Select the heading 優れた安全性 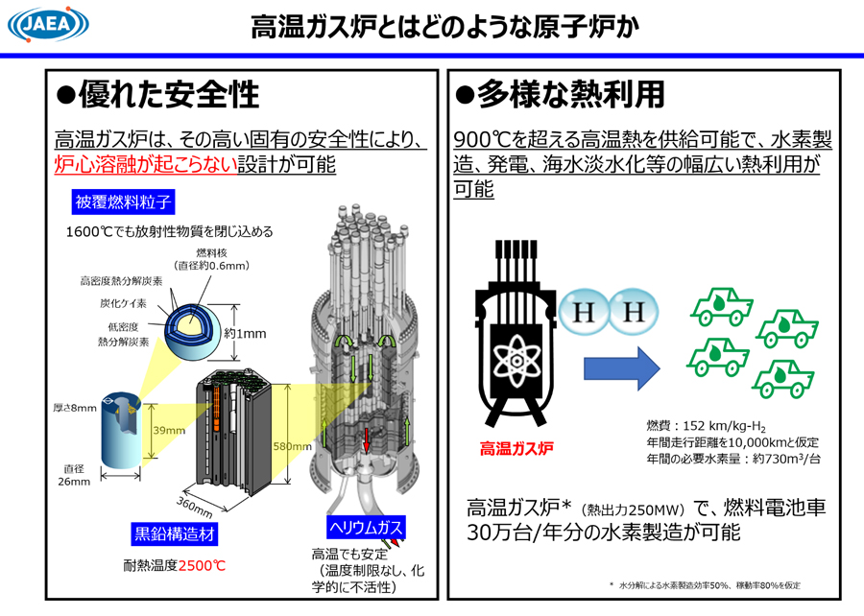[x=158, y=94]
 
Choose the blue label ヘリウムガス [x=363, y=526]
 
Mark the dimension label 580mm [x=292, y=447]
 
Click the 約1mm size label [x=245, y=334]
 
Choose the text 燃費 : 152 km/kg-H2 [x=706, y=425]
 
